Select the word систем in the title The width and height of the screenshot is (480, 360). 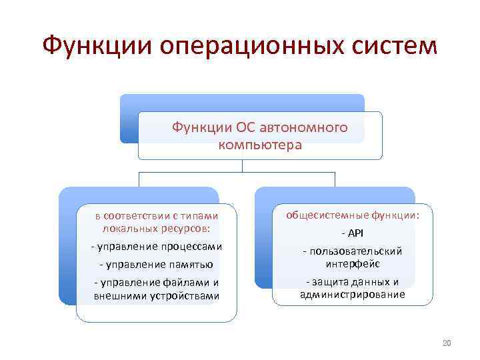pos(396,46)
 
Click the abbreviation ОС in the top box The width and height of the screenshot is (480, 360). pos(243,127)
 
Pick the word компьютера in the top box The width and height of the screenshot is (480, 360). pos(260,144)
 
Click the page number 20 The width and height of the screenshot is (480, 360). pos(447,343)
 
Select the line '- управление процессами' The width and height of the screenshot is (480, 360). pos(156,247)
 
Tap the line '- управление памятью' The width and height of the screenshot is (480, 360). pos(156,265)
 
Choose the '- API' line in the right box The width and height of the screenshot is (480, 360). pos(353,233)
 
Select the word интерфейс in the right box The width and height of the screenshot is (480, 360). pos(353,264)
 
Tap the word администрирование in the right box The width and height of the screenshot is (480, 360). pos(353,294)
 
